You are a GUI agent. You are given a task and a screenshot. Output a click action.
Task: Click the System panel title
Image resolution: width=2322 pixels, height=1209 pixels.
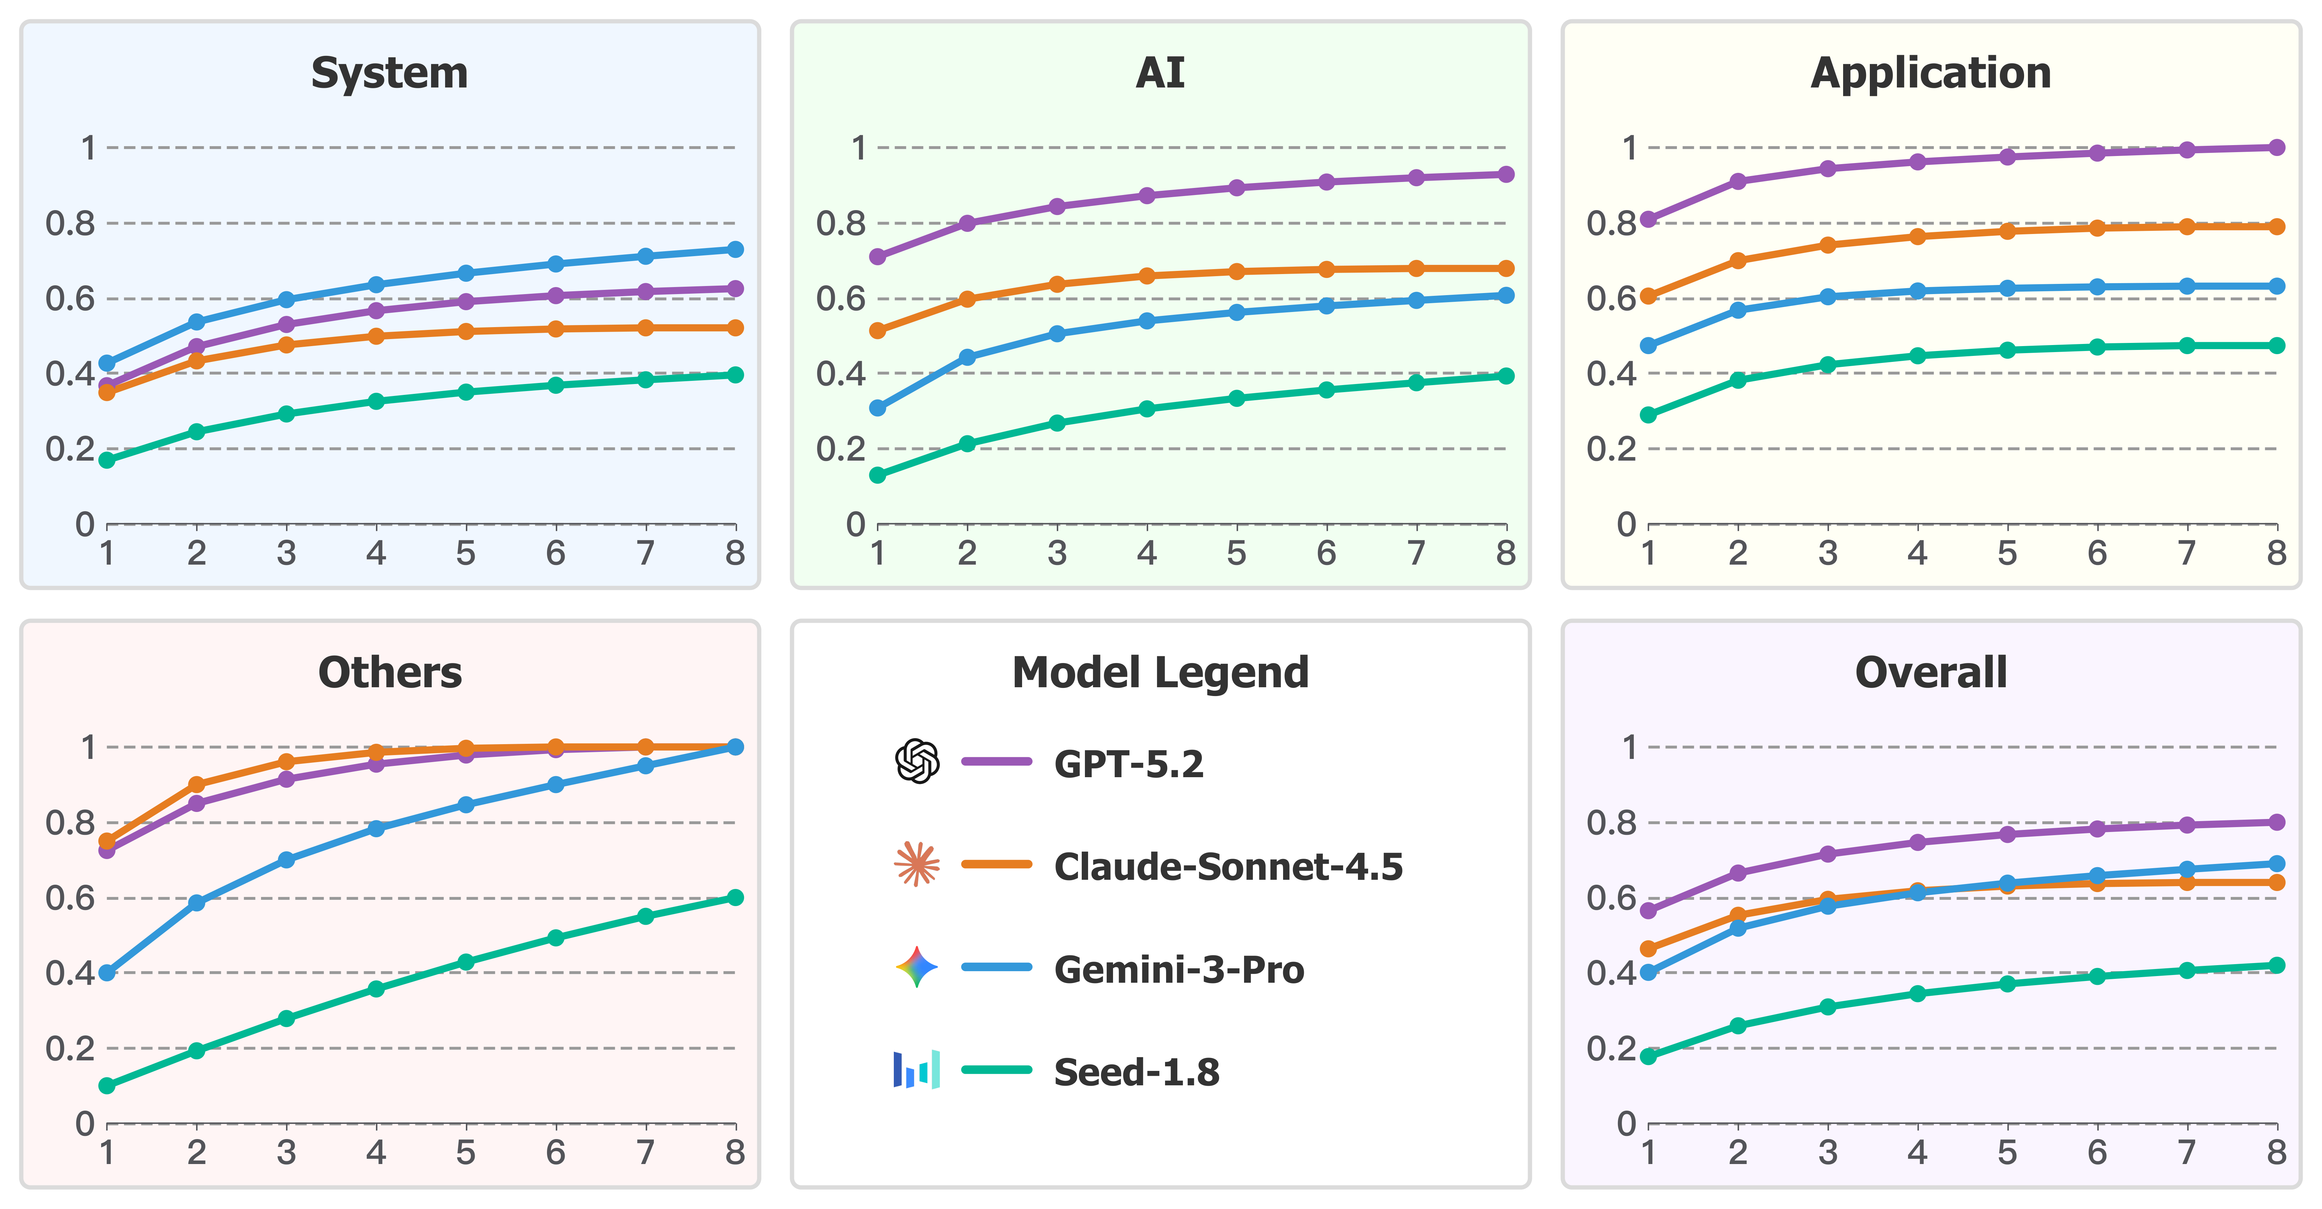[389, 73]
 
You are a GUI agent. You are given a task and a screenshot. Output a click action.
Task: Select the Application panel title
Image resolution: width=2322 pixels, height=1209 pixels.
[1931, 73]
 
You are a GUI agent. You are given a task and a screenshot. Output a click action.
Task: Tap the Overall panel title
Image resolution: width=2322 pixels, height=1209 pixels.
[1931, 672]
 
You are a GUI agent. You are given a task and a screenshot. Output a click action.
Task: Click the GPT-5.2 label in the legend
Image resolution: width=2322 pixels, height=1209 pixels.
[1129, 763]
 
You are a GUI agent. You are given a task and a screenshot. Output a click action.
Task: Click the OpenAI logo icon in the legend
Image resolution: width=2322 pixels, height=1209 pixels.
[917, 762]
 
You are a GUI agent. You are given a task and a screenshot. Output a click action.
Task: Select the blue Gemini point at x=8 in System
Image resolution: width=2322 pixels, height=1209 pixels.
[736, 249]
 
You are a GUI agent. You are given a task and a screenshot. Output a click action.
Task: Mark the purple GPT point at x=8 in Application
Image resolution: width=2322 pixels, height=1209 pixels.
[2276, 147]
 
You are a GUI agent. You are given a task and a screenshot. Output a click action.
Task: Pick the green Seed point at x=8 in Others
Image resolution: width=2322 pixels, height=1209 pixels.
[736, 897]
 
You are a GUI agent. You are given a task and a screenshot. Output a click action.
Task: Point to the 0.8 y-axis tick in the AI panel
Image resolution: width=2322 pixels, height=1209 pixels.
[840, 223]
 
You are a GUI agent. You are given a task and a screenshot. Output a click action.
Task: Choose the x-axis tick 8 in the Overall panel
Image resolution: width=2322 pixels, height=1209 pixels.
[2276, 1152]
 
